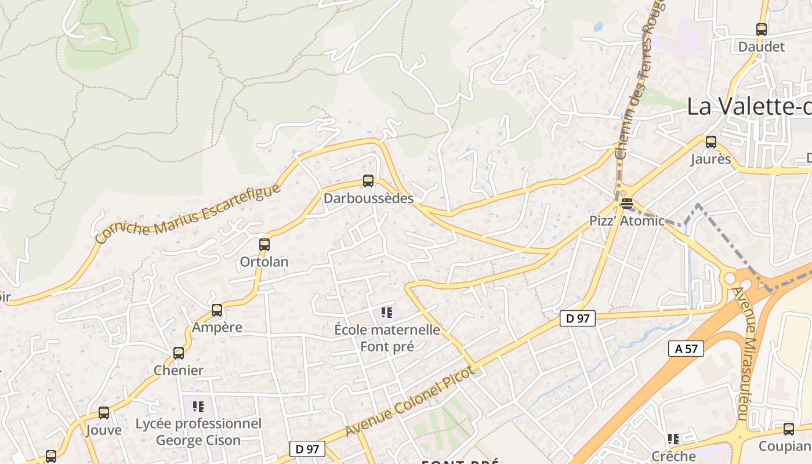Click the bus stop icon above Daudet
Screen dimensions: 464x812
(x=761, y=29)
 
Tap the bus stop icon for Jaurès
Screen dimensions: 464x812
(x=710, y=142)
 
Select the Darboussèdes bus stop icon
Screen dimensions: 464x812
(x=368, y=180)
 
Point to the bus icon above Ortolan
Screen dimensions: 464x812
(x=264, y=244)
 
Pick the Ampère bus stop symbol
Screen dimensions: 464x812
(x=217, y=310)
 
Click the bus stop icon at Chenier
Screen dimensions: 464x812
(x=179, y=353)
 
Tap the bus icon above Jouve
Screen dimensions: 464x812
(x=104, y=413)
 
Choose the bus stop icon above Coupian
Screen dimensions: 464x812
(x=788, y=429)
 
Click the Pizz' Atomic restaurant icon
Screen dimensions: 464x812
(x=626, y=203)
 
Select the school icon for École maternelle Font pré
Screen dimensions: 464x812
(x=387, y=313)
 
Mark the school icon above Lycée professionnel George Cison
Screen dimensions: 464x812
(x=198, y=406)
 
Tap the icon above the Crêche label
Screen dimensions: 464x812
(x=673, y=438)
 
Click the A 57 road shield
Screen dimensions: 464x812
(x=686, y=349)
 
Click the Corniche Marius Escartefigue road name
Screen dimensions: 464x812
(x=188, y=213)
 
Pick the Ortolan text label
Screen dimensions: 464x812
(x=264, y=262)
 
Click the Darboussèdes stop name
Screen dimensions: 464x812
(x=368, y=198)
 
